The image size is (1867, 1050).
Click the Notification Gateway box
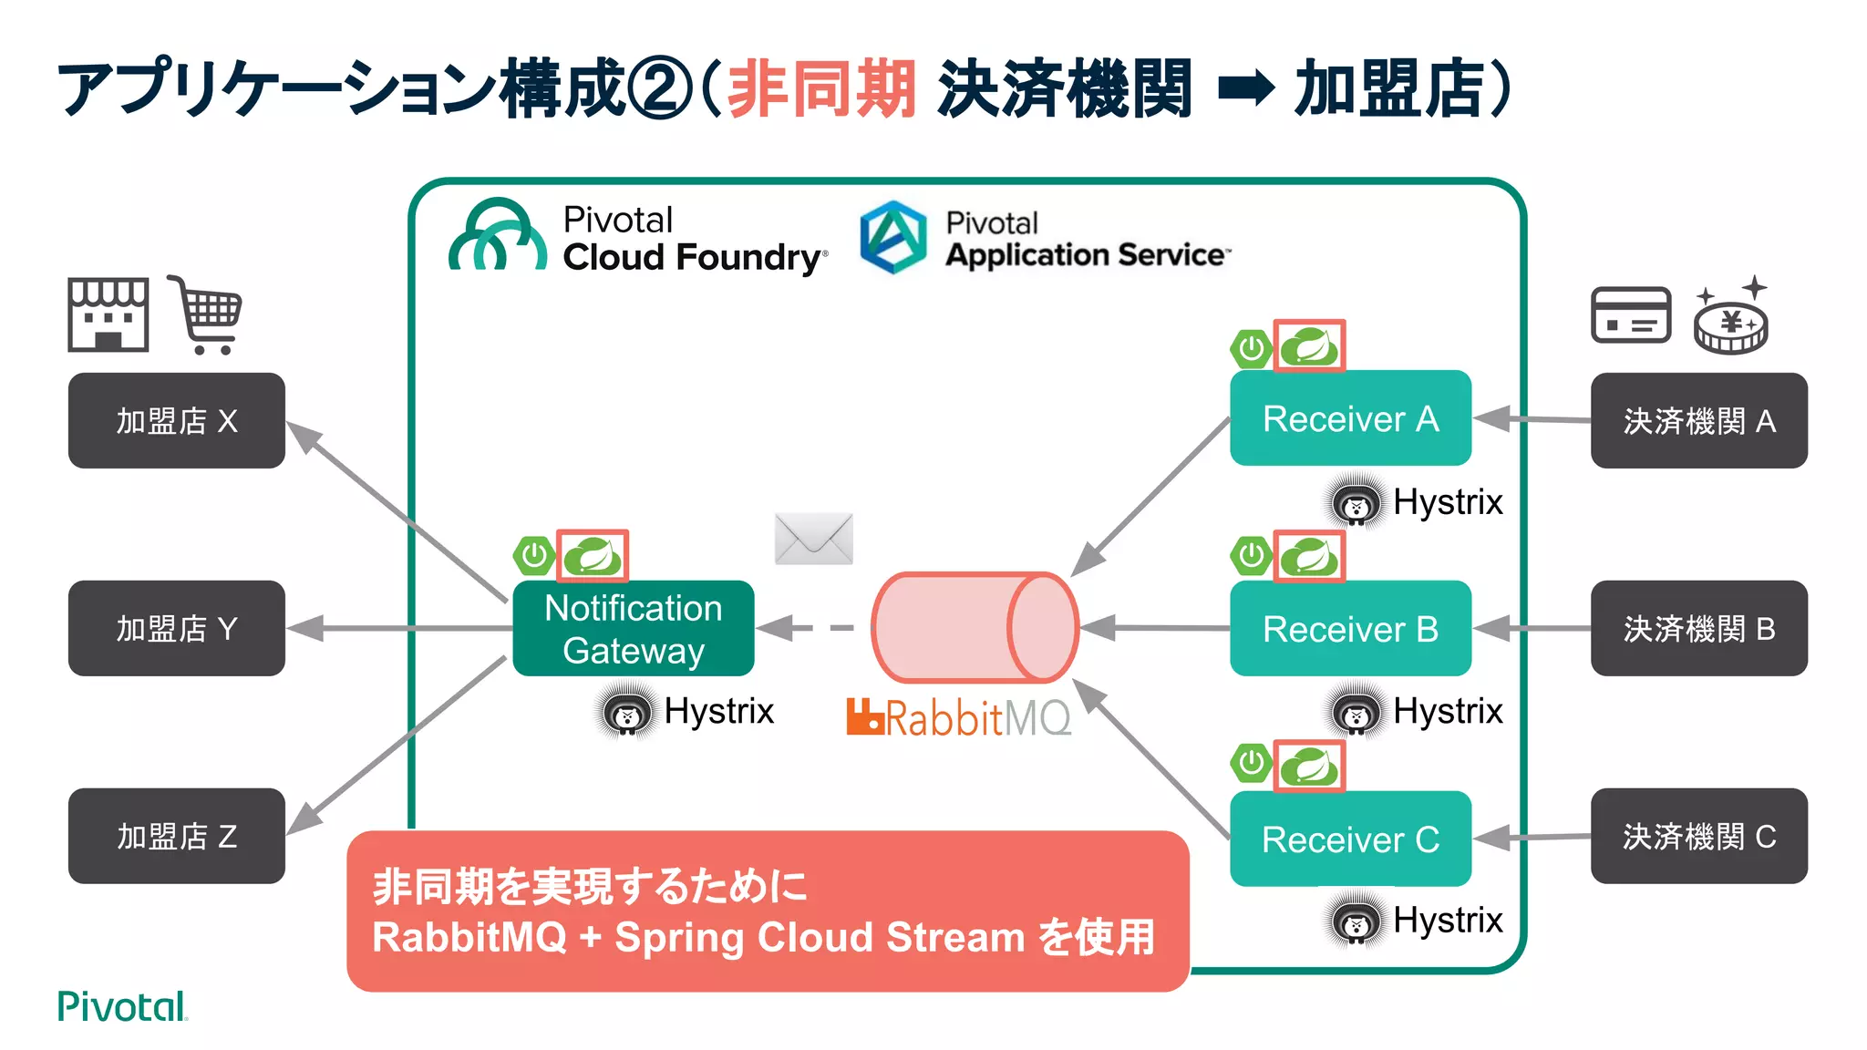tap(633, 628)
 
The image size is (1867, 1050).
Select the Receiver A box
tap(1349, 418)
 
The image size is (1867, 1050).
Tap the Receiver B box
tap(1349, 628)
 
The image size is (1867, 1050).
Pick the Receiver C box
tap(1349, 839)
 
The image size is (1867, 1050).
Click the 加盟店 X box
tap(176, 420)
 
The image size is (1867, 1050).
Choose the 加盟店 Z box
tap(176, 836)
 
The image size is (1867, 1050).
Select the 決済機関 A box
tap(1698, 420)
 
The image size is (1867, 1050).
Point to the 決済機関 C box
tap(1698, 836)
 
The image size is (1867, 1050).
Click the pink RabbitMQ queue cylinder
tap(974, 627)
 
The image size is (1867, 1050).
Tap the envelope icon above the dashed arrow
tap(813, 539)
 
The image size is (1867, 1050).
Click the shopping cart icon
tap(207, 314)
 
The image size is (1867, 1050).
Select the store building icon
tap(108, 314)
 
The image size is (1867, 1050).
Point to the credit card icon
tap(1630, 315)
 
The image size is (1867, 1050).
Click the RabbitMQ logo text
tap(959, 718)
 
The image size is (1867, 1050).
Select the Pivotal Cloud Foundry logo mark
tap(497, 237)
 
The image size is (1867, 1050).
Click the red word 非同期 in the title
tap(820, 88)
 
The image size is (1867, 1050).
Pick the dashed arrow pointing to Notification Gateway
tap(807, 627)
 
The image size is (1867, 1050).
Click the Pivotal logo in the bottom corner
tap(121, 1006)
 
